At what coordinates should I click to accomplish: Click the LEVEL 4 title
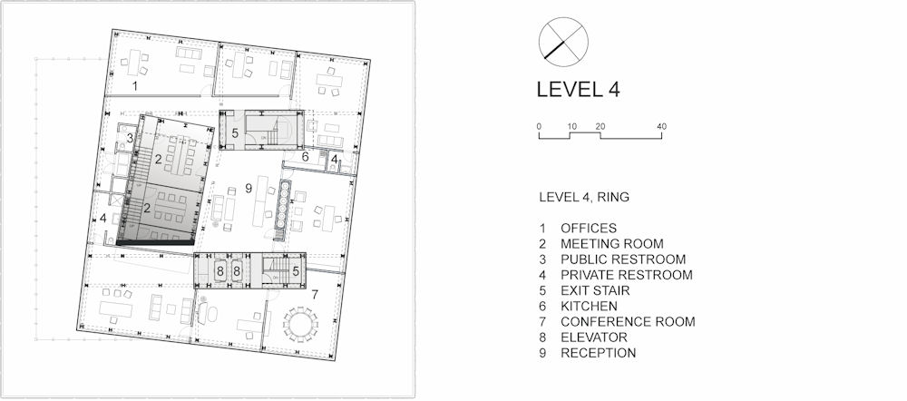click(578, 90)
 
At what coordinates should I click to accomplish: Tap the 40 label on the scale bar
click(662, 127)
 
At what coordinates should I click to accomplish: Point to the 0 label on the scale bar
click(539, 127)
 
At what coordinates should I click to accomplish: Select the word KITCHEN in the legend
click(589, 306)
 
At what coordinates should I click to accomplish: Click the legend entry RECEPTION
click(598, 353)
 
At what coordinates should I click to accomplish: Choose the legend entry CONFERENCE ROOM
click(628, 322)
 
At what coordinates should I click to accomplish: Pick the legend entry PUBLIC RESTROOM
click(623, 259)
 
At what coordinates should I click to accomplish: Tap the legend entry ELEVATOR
click(593, 337)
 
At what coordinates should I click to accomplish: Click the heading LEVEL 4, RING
click(584, 197)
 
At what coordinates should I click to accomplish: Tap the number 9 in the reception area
click(249, 189)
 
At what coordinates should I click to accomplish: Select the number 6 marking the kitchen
click(306, 156)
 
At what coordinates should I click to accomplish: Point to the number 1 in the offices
click(135, 87)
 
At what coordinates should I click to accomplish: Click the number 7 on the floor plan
click(315, 294)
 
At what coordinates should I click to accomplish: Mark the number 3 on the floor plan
click(130, 138)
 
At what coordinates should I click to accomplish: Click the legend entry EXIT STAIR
click(595, 290)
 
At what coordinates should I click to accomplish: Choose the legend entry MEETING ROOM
click(612, 244)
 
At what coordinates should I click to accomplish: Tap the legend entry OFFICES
click(589, 228)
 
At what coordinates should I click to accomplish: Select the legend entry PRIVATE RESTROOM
click(627, 275)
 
